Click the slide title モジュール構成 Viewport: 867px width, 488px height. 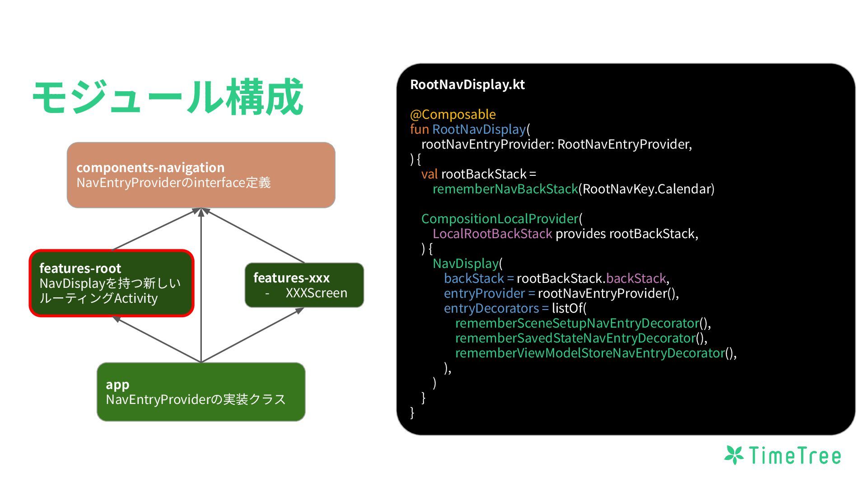(168, 97)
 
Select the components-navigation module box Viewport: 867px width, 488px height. (201, 175)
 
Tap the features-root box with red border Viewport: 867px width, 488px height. (112, 283)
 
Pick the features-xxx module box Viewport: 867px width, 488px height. (304, 285)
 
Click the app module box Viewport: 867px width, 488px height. (201, 392)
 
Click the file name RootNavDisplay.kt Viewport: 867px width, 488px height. (467, 84)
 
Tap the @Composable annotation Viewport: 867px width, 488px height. (452, 114)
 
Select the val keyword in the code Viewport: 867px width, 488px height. (429, 174)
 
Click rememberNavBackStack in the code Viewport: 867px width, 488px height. (505, 189)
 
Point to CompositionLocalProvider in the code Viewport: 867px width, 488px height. (500, 219)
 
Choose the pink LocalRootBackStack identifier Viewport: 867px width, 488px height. (492, 234)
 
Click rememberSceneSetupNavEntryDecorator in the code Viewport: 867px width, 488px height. (577, 323)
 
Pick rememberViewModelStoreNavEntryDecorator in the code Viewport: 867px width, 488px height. (590, 353)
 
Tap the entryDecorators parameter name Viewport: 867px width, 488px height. (491, 308)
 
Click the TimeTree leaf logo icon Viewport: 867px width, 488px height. (734, 455)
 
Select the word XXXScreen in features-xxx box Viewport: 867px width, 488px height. (316, 293)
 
